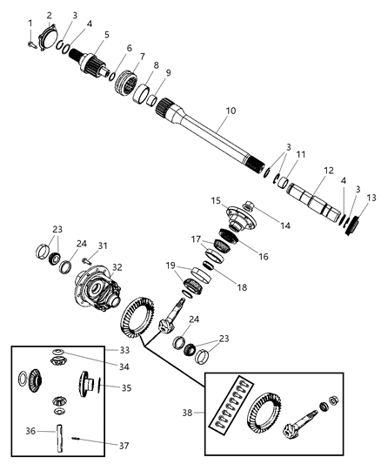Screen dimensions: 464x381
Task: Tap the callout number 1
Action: tap(30, 22)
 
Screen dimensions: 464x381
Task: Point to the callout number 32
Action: tap(117, 267)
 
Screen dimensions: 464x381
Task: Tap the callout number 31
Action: tap(102, 245)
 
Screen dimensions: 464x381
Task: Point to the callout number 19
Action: tap(170, 265)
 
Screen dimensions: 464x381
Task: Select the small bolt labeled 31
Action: tap(88, 257)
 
